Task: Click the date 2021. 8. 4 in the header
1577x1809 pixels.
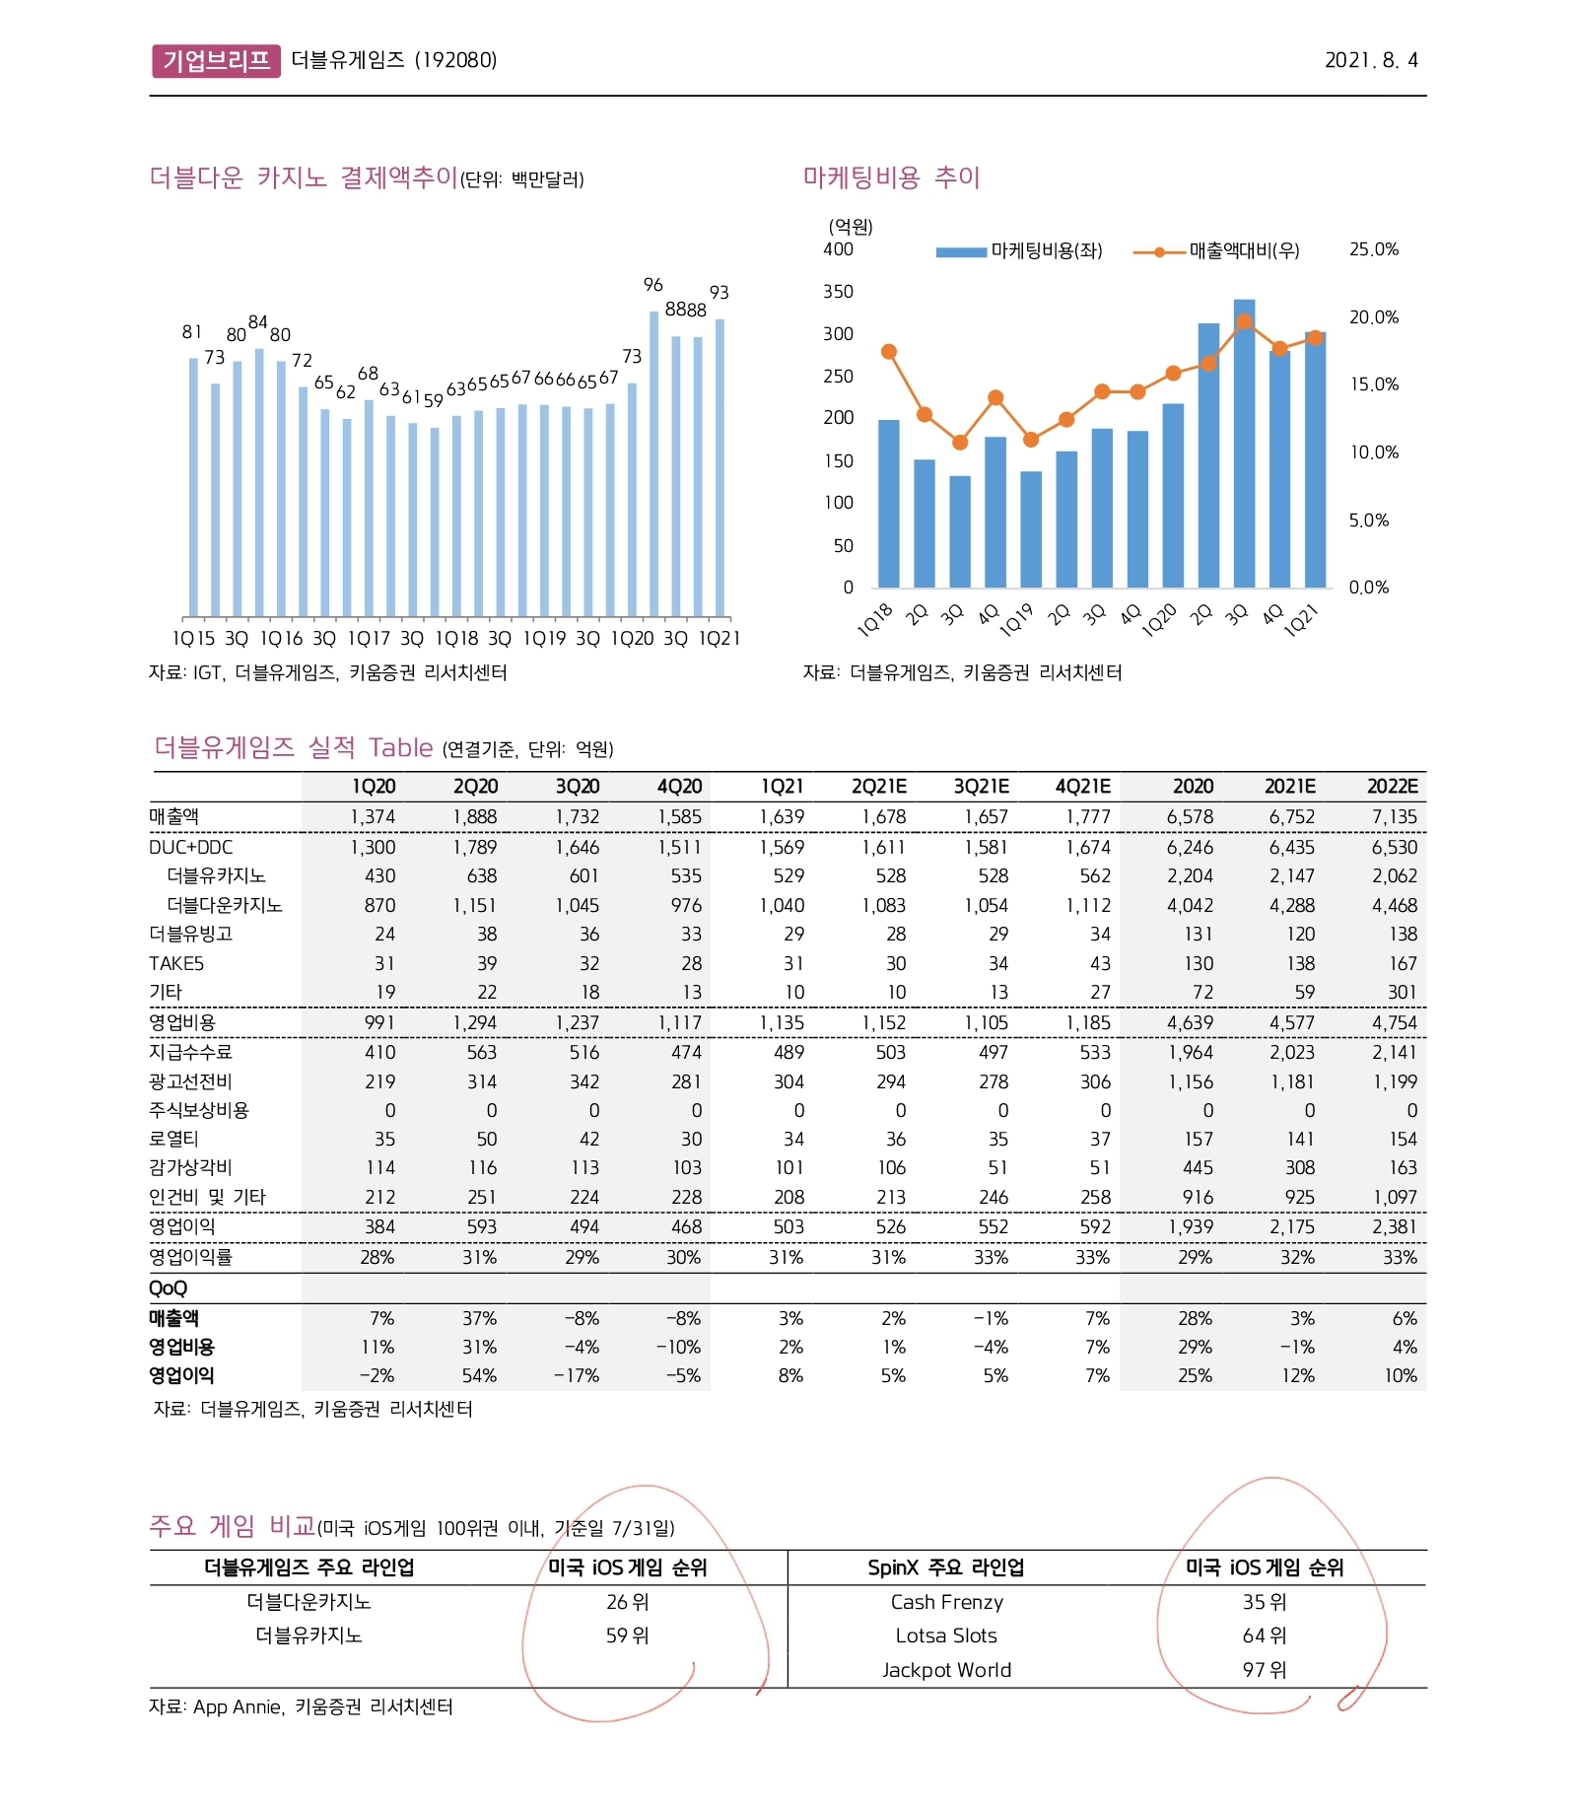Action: (1370, 60)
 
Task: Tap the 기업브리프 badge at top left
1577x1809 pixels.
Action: (216, 60)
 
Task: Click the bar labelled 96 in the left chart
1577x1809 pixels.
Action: (653, 463)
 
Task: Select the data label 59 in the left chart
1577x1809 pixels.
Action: (434, 400)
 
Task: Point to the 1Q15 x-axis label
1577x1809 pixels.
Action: (193, 639)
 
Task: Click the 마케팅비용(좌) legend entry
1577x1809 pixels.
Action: (1020, 251)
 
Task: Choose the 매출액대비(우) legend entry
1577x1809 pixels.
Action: (1217, 251)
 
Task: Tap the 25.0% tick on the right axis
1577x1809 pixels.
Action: (1373, 249)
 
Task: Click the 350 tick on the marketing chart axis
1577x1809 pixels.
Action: (838, 292)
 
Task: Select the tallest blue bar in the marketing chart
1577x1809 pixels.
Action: (1244, 444)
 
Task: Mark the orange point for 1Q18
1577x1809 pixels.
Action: (889, 352)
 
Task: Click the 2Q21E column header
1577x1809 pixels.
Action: (879, 787)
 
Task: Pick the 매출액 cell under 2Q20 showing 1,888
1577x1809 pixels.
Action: (475, 817)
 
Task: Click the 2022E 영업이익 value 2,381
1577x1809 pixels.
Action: (1394, 1227)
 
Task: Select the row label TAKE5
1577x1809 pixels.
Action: (176, 963)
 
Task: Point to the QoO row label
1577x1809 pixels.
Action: (168, 1288)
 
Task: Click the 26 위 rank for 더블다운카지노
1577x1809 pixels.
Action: (628, 1602)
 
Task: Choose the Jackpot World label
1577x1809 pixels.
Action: (946, 1670)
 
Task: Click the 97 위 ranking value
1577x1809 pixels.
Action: (1265, 1670)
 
